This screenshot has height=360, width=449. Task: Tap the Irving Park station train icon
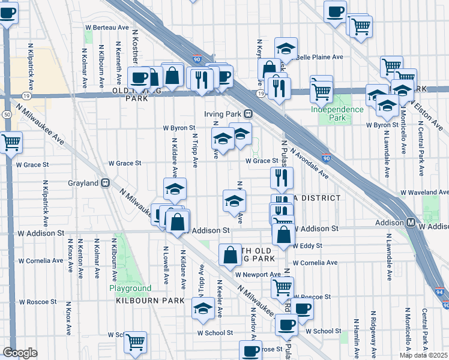tap(247, 114)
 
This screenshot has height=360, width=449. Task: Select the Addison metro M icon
tap(411, 222)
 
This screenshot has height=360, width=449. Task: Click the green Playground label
tap(130, 288)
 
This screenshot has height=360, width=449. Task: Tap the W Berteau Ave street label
tap(107, 28)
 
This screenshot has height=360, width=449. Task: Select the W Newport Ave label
tap(258, 274)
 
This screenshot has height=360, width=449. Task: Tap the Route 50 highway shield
tap(7, 114)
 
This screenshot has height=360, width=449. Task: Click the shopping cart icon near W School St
tap(136, 342)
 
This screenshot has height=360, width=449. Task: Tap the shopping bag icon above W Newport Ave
tap(231, 255)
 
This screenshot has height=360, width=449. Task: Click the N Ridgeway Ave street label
tap(373, 330)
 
